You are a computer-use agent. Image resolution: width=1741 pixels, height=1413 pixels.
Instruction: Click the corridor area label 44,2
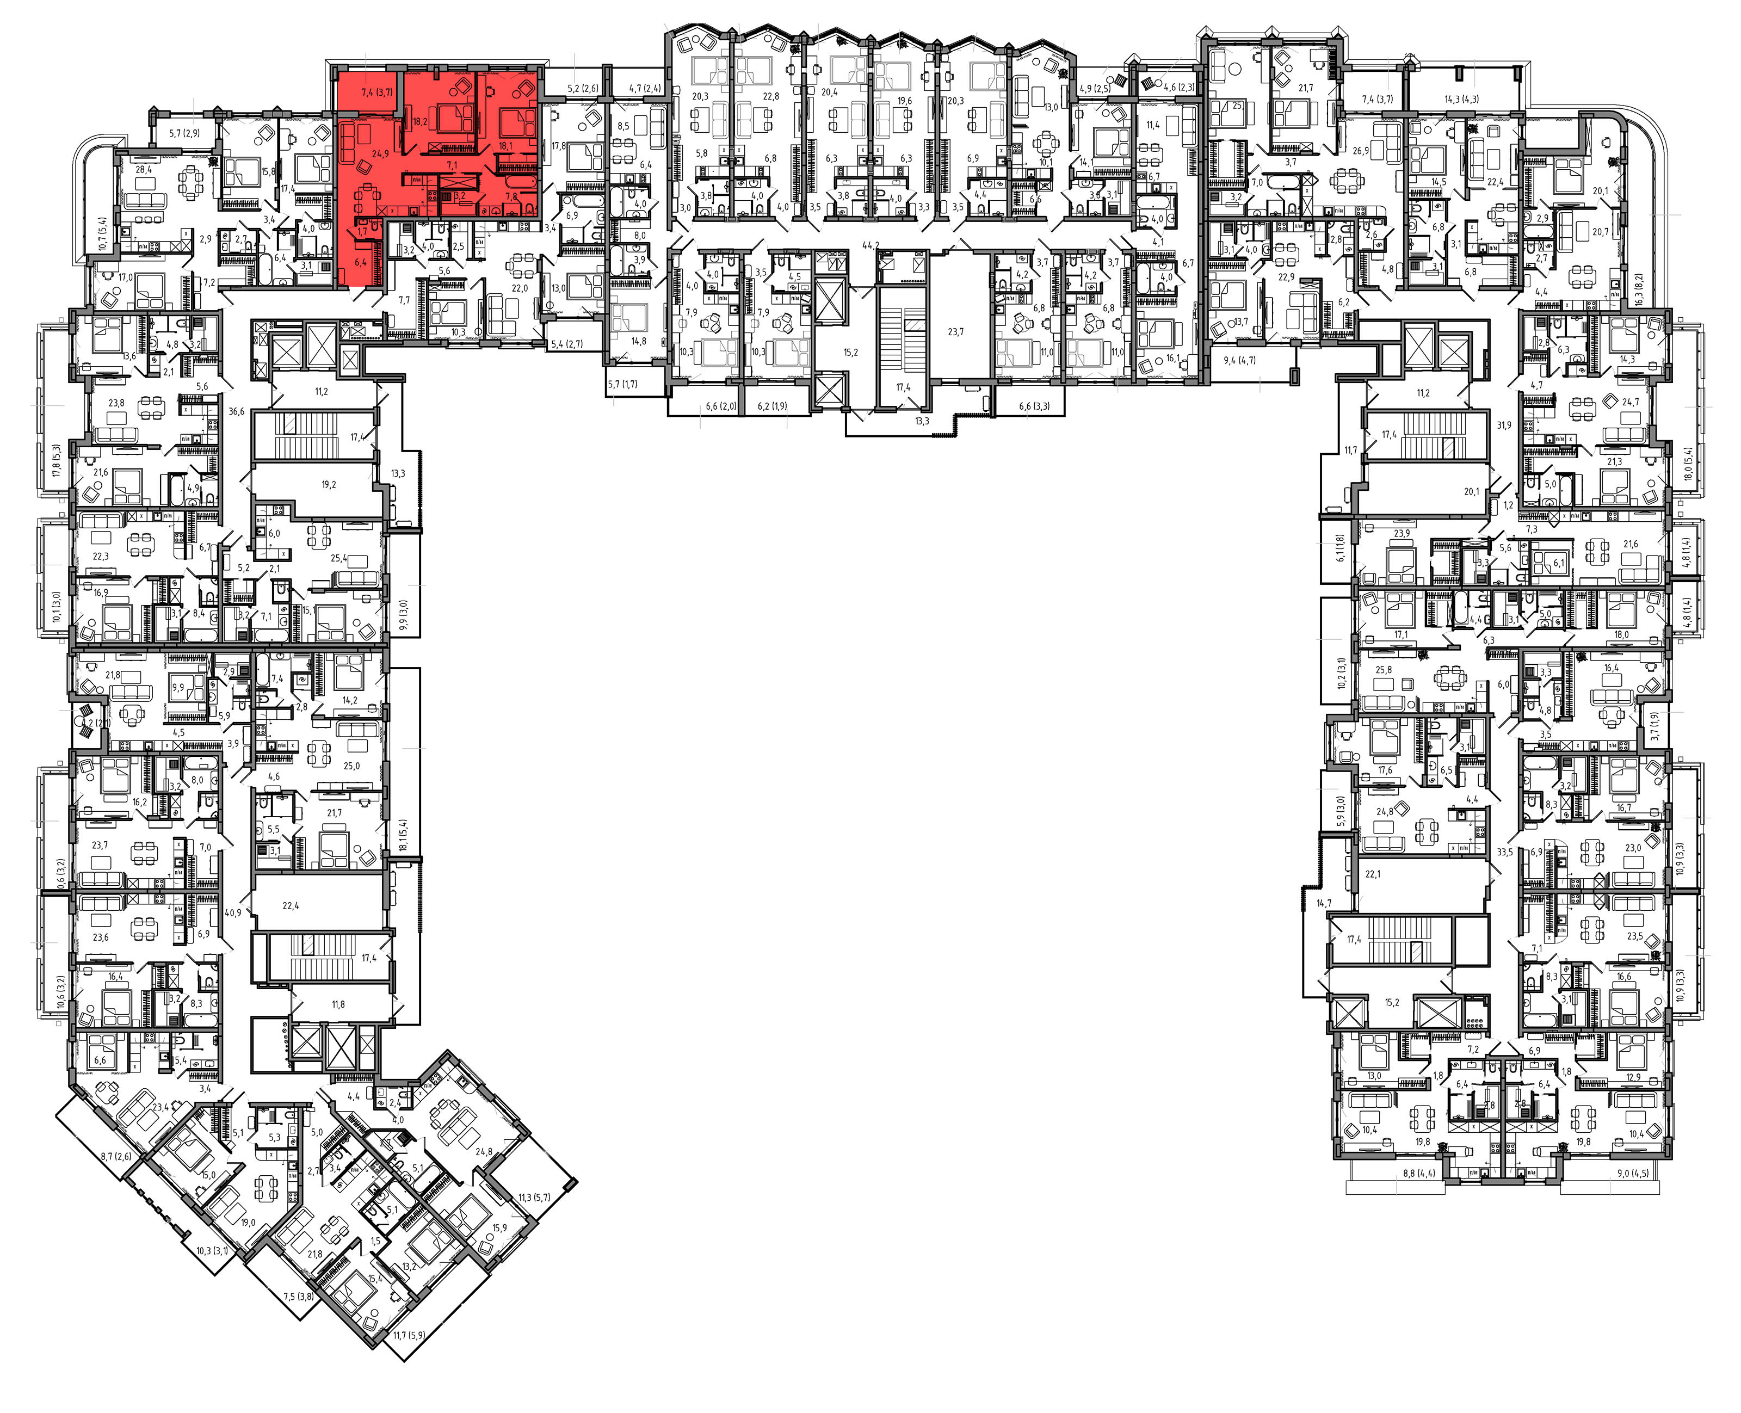pos(871,245)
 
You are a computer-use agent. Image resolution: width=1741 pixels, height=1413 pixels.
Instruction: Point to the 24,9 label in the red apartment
pos(380,154)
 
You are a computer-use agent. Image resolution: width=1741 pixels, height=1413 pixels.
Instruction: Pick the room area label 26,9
pos(1360,151)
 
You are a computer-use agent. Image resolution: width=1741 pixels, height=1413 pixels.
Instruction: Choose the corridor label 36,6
pos(236,412)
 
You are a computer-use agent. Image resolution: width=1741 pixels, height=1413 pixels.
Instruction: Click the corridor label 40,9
pos(233,913)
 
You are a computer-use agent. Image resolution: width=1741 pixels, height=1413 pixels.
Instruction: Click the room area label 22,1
pos(1373,874)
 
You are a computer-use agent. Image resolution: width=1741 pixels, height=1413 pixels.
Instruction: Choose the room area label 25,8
pos(1384,670)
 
